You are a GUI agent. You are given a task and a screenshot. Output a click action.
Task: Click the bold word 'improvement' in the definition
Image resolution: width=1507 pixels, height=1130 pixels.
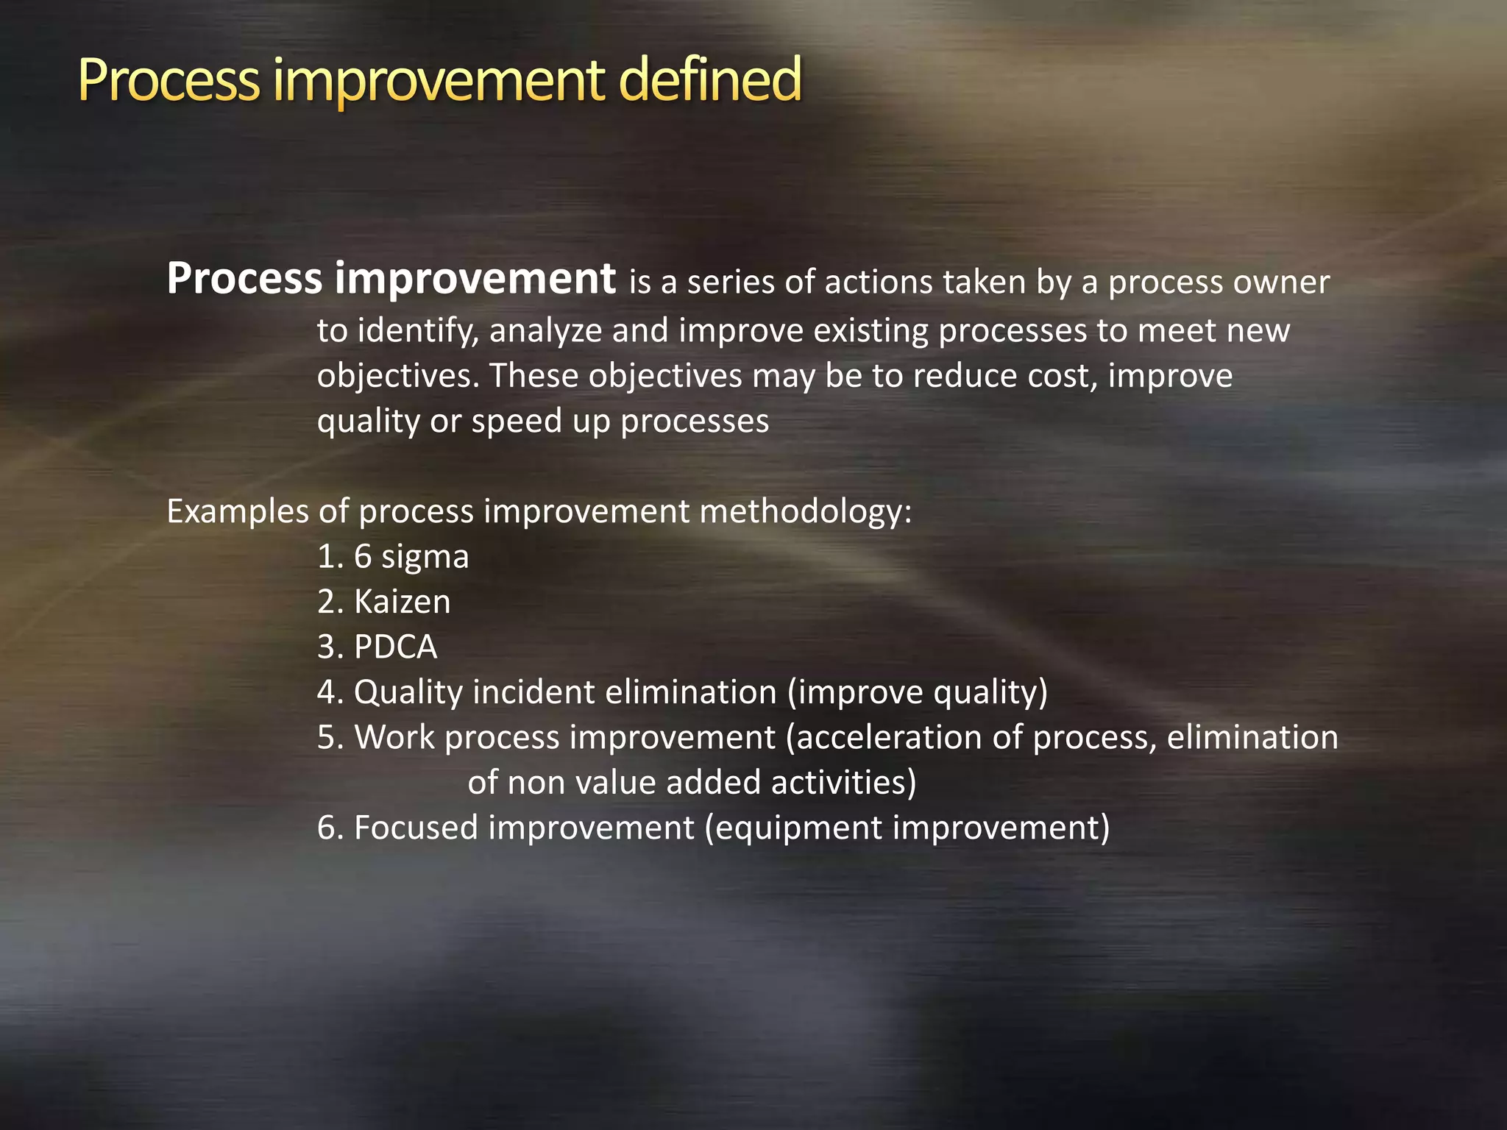point(475,279)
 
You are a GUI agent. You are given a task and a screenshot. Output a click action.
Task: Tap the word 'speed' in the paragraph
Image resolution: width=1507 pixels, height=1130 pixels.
point(517,422)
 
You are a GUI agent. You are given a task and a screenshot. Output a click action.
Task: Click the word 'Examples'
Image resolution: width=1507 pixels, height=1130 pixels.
point(237,512)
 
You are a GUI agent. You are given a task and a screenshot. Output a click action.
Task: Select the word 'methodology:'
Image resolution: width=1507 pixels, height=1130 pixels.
point(806,511)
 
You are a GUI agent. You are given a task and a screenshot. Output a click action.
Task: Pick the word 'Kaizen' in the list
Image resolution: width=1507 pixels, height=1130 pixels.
point(402,602)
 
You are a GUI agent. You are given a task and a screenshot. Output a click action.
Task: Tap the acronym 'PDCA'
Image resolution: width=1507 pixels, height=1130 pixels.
point(395,647)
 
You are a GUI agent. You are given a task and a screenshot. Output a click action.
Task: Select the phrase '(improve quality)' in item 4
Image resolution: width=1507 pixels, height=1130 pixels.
point(917,692)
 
